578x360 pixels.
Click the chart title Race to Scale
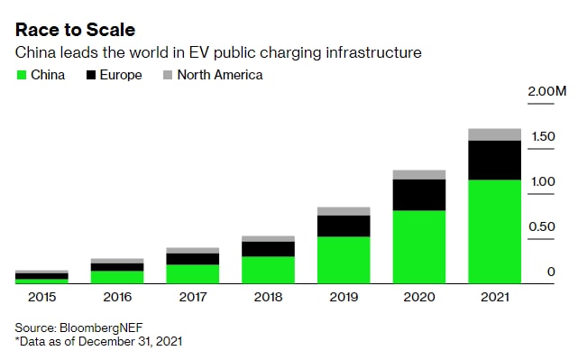tap(75, 30)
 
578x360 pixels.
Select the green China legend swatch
tap(22, 75)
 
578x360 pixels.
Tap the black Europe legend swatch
tap(91, 75)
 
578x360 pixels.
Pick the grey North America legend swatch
tap(168, 75)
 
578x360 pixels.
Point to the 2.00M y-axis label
tap(547, 91)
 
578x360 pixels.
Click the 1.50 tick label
tap(543, 136)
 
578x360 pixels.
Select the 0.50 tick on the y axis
tap(542, 226)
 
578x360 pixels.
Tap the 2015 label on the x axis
tap(41, 297)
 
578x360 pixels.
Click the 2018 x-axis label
tap(268, 297)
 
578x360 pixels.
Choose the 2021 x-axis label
tap(495, 297)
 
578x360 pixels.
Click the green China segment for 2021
tap(495, 232)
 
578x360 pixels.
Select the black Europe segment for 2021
tap(495, 161)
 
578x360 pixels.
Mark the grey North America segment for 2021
tap(495, 134)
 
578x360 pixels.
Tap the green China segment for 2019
tap(344, 260)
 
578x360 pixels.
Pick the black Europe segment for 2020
tap(419, 195)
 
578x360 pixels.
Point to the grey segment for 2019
tap(344, 211)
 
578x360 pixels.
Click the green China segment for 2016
tap(117, 277)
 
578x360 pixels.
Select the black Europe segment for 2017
tap(193, 259)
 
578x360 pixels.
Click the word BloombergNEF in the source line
tap(101, 328)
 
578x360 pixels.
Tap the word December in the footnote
tap(107, 342)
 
